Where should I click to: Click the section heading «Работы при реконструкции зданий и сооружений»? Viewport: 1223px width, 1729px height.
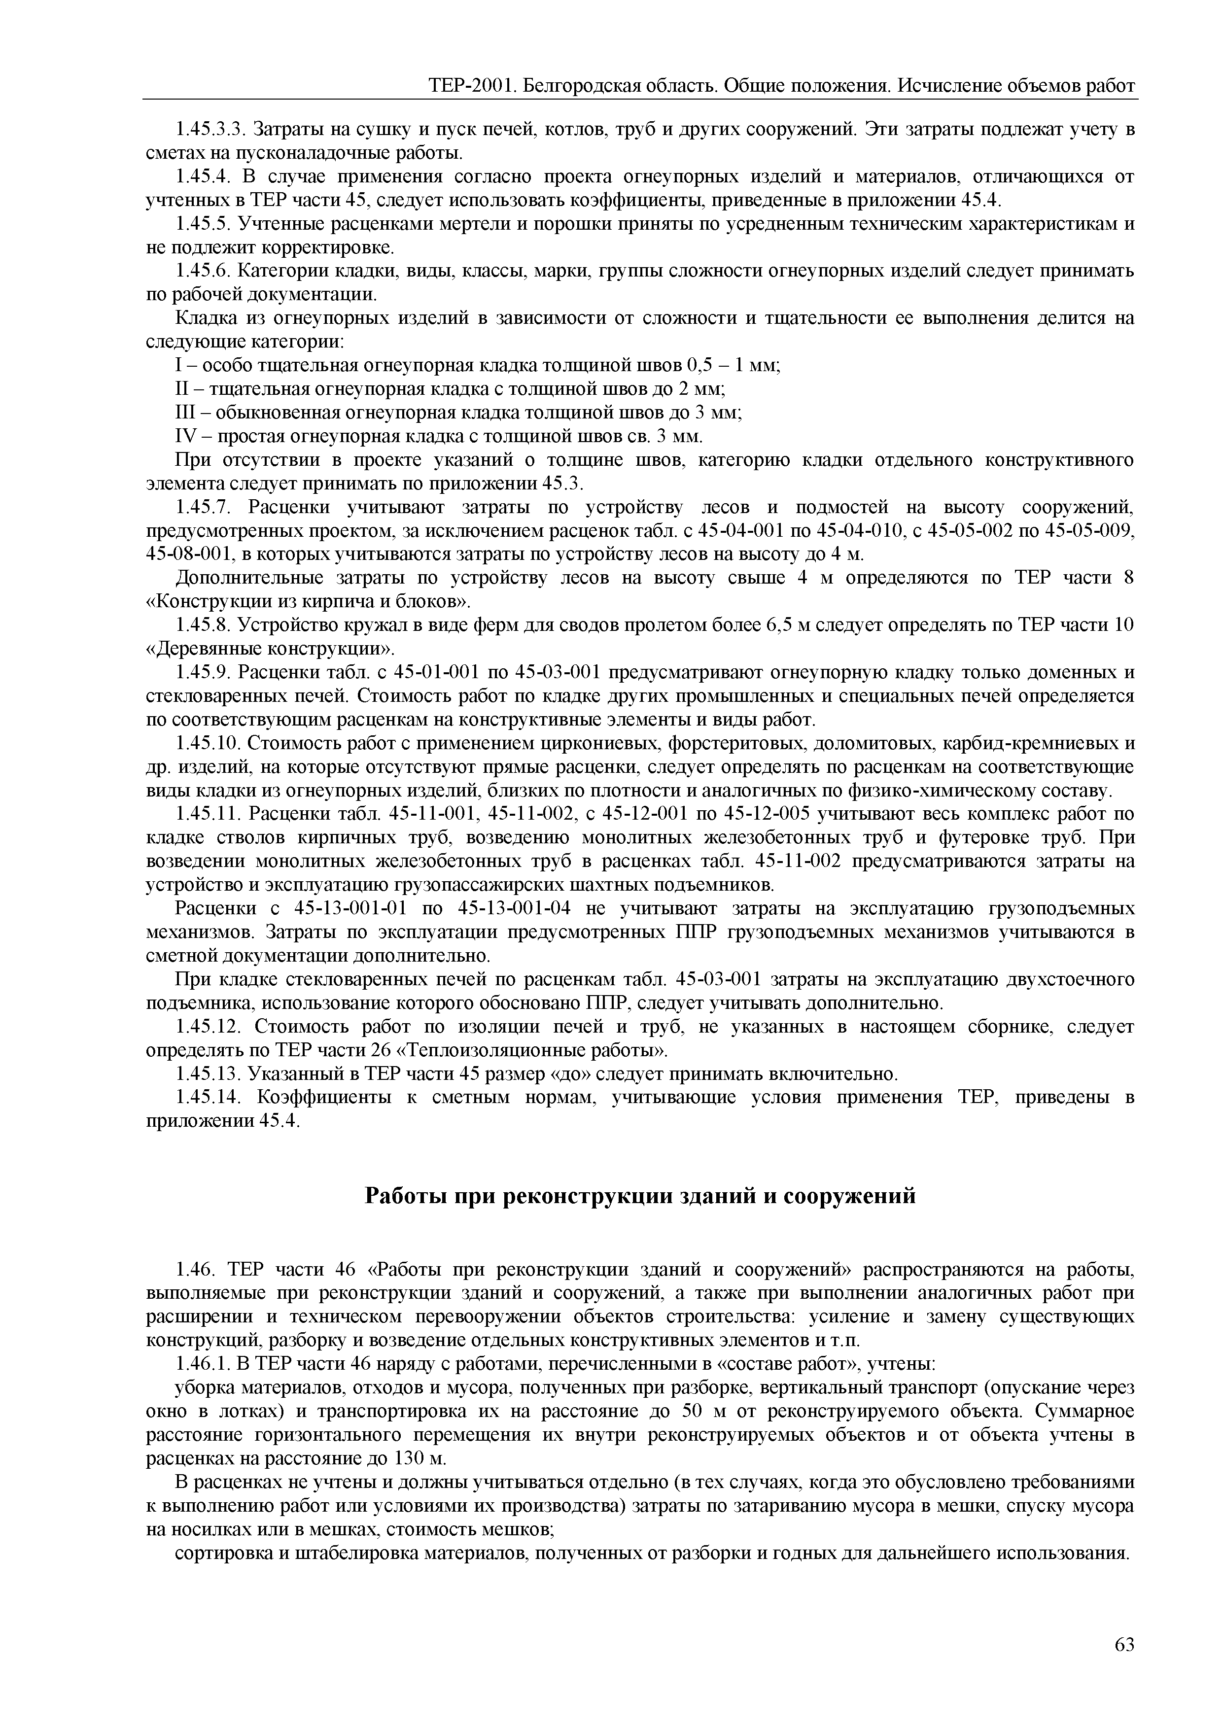[640, 1195]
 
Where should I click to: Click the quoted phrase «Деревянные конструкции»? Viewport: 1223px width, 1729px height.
[270, 649]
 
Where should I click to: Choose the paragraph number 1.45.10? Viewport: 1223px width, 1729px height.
[207, 744]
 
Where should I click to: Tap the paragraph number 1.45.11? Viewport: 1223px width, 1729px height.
[207, 815]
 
